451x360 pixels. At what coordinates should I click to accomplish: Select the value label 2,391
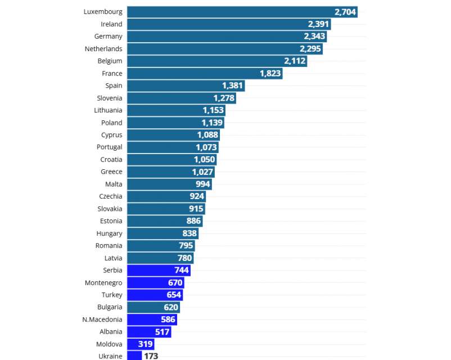click(x=318, y=24)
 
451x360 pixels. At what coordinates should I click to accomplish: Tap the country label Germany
click(x=108, y=37)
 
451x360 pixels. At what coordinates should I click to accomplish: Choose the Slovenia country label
click(x=109, y=98)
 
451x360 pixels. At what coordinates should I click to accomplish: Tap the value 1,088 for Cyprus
click(x=208, y=135)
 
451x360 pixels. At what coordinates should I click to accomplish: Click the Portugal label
click(x=109, y=147)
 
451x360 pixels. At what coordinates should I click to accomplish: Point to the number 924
click(x=196, y=196)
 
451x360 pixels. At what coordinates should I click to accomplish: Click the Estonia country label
click(x=111, y=221)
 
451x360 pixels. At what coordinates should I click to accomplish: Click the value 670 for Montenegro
click(x=175, y=282)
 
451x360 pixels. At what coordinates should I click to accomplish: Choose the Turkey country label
click(x=112, y=295)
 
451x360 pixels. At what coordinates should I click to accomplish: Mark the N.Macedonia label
click(x=102, y=319)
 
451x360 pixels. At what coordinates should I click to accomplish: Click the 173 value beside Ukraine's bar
click(x=151, y=356)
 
